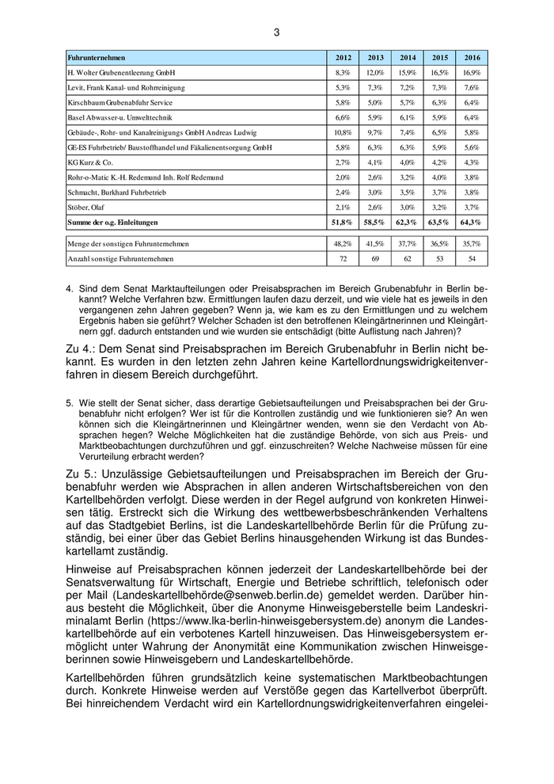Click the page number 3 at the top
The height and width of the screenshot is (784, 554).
(x=277, y=32)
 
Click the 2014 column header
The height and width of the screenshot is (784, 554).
(x=408, y=58)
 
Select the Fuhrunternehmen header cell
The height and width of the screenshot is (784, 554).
(x=97, y=58)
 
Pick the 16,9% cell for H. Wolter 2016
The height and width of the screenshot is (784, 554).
(x=472, y=72)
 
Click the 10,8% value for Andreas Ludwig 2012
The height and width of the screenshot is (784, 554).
(x=343, y=132)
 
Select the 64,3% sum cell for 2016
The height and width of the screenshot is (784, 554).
(x=472, y=223)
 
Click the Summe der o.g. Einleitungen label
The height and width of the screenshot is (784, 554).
(x=113, y=223)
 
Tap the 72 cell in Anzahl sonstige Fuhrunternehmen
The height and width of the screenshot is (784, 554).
(x=343, y=258)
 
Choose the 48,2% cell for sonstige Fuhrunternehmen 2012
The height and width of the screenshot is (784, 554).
(x=343, y=243)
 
